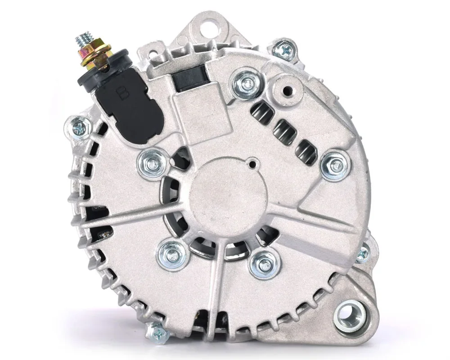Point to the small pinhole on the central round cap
tap(253, 165)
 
